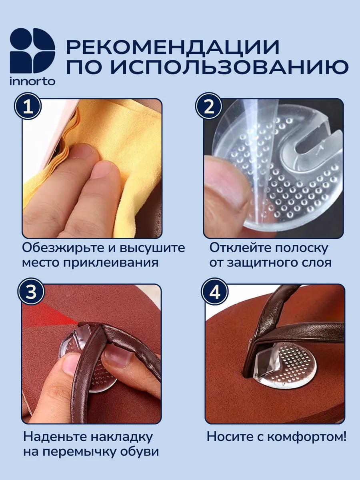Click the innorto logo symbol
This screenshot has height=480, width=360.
click(x=32, y=51)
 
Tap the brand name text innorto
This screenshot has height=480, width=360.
click(x=32, y=81)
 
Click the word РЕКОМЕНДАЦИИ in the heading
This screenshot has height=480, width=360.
click(x=173, y=47)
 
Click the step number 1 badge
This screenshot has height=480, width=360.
click(x=28, y=107)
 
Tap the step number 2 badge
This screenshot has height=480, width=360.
click(x=209, y=107)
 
